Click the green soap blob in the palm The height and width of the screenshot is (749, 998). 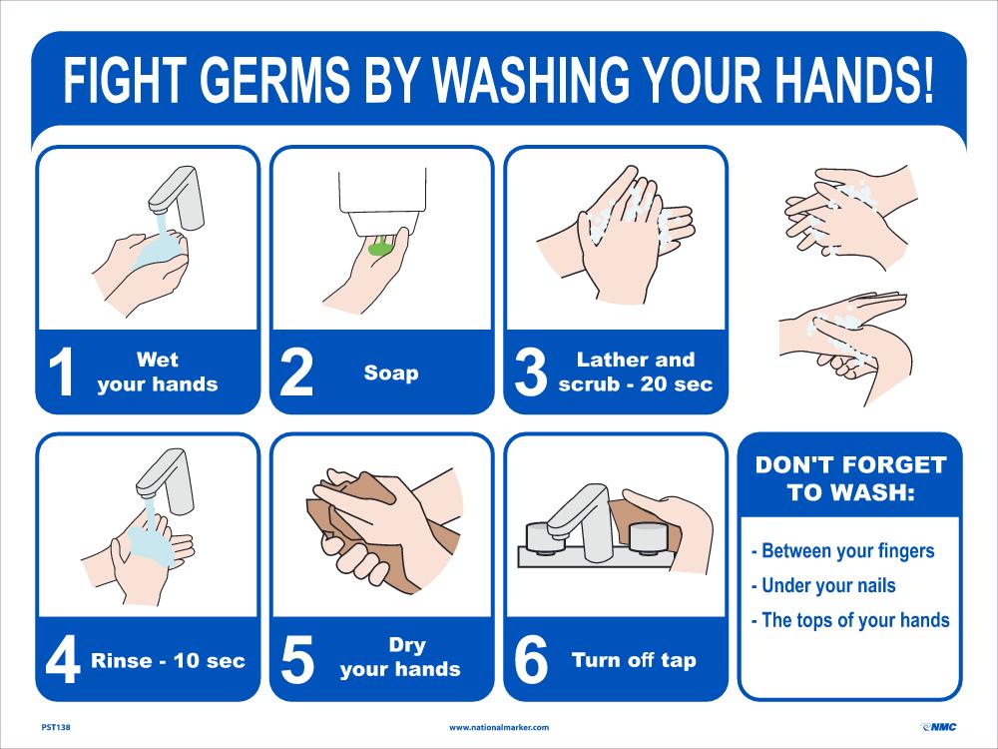pos(379,246)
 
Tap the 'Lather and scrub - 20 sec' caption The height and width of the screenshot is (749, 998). pos(636,373)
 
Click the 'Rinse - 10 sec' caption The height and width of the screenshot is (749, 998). pos(168,661)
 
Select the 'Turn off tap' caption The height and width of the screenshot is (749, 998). pos(634,660)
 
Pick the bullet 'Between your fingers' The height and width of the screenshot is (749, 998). pos(841,550)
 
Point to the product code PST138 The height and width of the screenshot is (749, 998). pos(56,727)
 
